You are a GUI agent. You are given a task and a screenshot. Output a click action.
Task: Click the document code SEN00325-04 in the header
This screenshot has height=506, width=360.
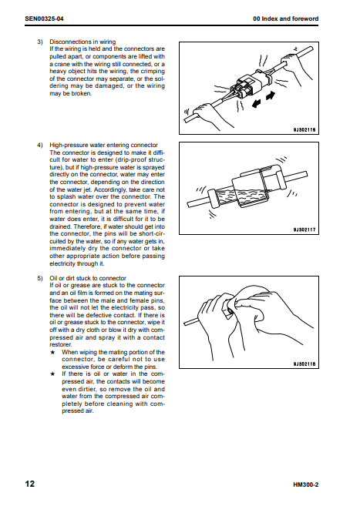pos(44,18)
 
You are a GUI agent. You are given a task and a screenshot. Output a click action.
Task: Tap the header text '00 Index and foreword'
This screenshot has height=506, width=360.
pos(285,18)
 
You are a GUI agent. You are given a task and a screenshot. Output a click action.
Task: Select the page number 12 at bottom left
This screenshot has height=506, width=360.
pos(30,484)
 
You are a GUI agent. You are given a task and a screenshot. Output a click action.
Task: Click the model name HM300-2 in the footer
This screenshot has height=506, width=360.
pos(305,484)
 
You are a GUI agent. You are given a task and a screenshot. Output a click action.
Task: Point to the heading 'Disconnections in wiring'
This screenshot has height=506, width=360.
pos(82,42)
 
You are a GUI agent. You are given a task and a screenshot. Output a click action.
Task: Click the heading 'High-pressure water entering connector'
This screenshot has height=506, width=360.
pos(103,146)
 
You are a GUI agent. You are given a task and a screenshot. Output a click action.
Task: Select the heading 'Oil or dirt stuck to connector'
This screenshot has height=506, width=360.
pos(88,278)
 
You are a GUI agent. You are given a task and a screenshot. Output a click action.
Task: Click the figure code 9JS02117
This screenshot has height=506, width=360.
pos(304,230)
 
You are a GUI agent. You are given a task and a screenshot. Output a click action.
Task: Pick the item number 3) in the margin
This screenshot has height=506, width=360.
pos(40,42)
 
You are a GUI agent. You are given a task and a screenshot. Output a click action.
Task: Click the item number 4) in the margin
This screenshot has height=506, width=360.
pos(40,146)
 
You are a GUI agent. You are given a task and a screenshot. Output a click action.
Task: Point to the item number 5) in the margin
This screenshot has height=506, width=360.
pos(40,278)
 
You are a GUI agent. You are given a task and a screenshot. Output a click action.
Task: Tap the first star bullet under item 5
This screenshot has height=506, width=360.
pos(52,353)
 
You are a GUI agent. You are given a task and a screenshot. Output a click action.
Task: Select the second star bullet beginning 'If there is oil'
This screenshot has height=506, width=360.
pos(52,374)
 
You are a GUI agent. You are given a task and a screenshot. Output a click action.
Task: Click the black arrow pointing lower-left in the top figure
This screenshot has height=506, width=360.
pos(257,104)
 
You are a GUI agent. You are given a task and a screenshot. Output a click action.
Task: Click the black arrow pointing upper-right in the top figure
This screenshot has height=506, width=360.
pos(271,96)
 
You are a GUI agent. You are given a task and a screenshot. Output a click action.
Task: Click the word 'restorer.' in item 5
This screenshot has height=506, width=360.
pos(61,344)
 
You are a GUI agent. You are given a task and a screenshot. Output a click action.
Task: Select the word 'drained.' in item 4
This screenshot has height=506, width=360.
pos(61,226)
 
